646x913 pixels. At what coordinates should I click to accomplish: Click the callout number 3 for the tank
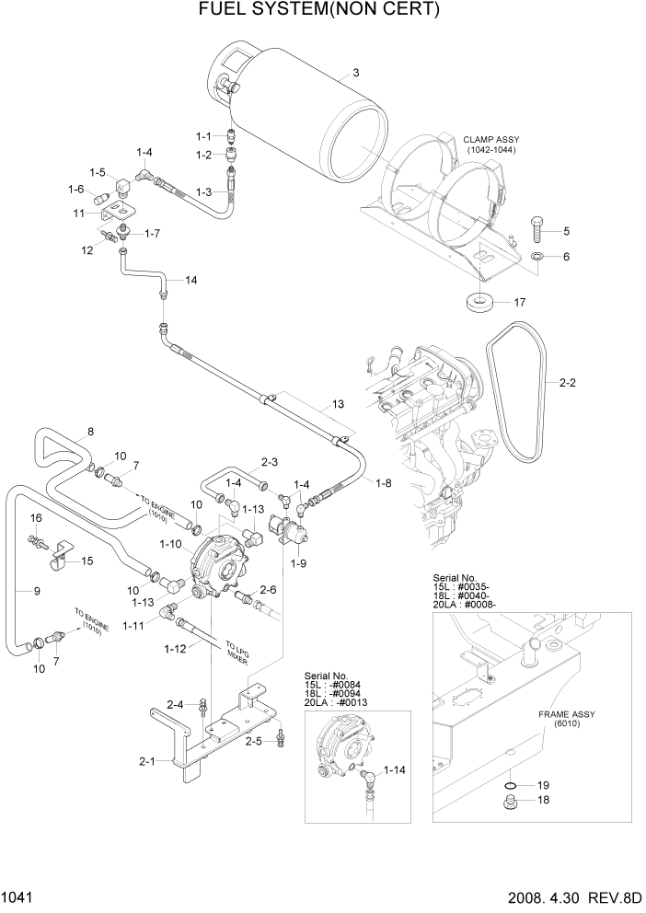point(356,73)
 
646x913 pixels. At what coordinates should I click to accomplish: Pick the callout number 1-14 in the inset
point(395,768)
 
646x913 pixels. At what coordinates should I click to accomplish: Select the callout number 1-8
point(383,481)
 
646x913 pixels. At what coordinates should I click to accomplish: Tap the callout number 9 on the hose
point(37,591)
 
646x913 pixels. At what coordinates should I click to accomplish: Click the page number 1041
point(18,896)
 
